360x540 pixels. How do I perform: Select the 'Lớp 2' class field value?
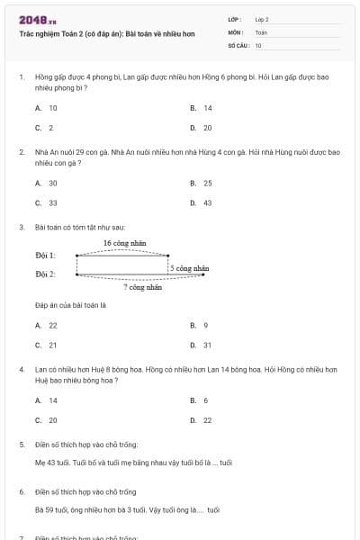[262, 19]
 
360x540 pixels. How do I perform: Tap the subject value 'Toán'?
[261, 31]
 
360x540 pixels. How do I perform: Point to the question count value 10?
[258, 45]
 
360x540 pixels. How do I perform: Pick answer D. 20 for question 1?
[202, 128]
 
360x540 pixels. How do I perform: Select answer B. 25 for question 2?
[202, 183]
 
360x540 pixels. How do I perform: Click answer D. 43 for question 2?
[202, 202]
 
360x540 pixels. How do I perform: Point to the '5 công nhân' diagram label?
[190, 268]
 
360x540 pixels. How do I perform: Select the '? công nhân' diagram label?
[143, 287]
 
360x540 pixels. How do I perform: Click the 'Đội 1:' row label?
[45, 256]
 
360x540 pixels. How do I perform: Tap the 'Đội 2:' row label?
[45, 274]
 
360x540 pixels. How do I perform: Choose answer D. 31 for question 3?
[202, 345]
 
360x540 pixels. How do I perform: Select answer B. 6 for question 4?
[200, 400]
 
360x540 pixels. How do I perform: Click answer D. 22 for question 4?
[202, 419]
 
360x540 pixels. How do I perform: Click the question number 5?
[22, 445]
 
